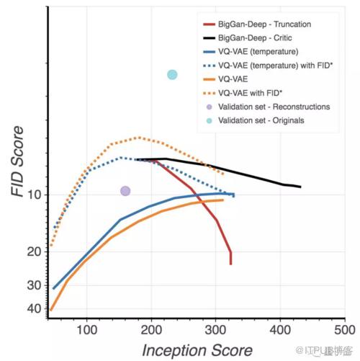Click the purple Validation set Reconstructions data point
(x=125, y=191)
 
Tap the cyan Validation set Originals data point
(x=172, y=75)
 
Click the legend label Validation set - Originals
(x=261, y=120)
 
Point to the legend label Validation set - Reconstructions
(x=274, y=107)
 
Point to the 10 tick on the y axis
(x=35, y=195)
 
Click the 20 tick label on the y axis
(x=35, y=251)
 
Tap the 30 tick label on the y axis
(x=35, y=285)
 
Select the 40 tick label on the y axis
(x=35, y=308)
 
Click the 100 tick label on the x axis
(x=87, y=330)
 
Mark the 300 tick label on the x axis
(x=215, y=330)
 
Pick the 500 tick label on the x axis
(x=345, y=330)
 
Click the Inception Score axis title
(x=197, y=350)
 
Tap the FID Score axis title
(x=17, y=161)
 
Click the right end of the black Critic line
(x=300, y=187)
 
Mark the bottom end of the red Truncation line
(x=230, y=264)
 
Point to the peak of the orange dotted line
(x=139, y=138)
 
